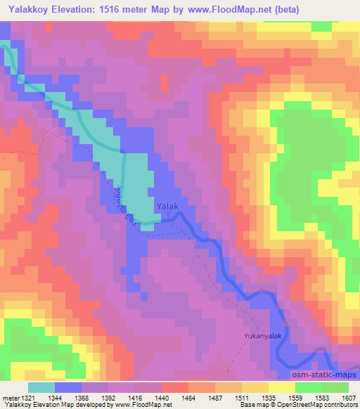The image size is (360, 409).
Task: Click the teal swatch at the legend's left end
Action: coord(41,387)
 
